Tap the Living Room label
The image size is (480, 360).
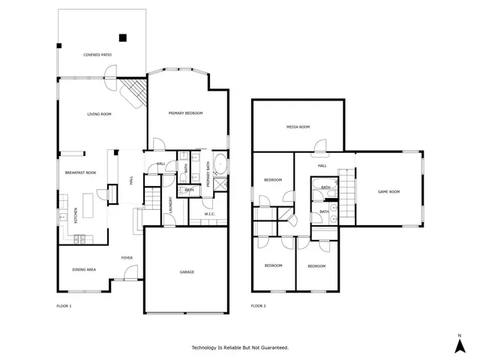point(99,114)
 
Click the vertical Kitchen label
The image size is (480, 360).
point(75,214)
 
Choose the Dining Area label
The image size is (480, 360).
point(83,269)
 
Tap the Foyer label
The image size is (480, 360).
point(127,258)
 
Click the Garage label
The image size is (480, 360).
point(187,271)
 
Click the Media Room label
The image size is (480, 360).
point(298,127)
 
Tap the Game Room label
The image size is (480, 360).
point(388,192)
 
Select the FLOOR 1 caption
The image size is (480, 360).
point(64,306)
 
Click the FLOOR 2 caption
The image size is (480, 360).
point(258,306)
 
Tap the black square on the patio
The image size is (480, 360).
point(123,37)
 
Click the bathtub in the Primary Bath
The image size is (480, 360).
point(221,164)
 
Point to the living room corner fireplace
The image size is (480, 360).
point(133,93)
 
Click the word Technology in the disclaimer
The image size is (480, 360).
point(205,348)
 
